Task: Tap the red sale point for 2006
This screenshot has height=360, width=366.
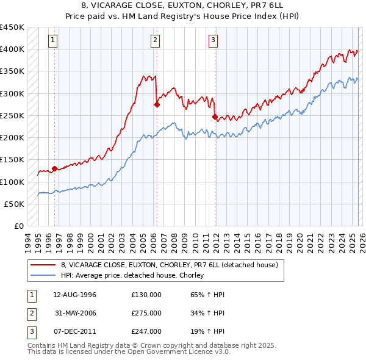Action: click(157, 104)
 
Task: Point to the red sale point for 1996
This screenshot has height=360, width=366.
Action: click(54, 168)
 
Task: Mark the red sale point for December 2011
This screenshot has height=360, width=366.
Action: click(215, 117)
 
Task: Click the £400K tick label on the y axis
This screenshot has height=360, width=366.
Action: click(12, 49)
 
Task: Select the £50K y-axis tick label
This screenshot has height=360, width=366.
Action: click(14, 204)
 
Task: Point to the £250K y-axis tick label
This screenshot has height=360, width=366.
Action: click(12, 116)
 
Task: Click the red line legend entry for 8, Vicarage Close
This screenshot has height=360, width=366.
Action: click(170, 265)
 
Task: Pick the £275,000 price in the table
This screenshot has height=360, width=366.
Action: click(146, 313)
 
